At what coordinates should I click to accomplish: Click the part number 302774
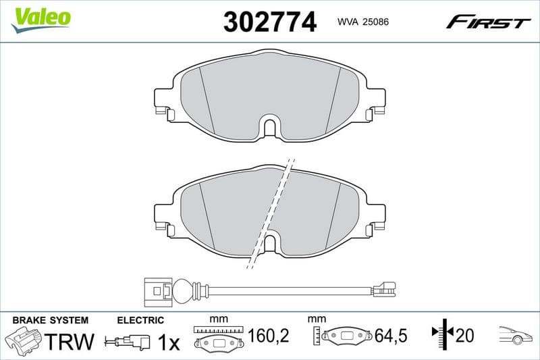(x=269, y=22)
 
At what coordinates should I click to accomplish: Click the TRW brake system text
(x=70, y=342)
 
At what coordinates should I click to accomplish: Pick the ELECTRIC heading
(x=140, y=320)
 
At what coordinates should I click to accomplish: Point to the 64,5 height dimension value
(x=389, y=336)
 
